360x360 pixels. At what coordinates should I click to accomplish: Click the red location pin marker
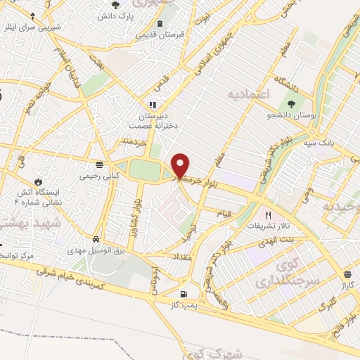pos(181,165)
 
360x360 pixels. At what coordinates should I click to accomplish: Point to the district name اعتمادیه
pos(248,93)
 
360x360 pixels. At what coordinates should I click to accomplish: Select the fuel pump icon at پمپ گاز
pos(184,293)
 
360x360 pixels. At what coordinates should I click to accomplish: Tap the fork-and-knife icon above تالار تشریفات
pos(267,214)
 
